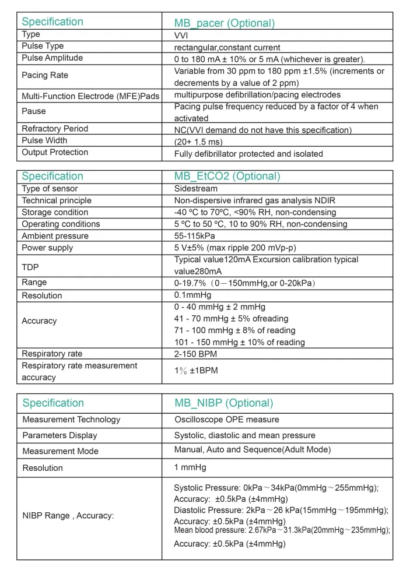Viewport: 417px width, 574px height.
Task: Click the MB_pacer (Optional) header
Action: [x=224, y=23]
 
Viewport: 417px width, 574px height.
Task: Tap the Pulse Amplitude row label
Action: [x=52, y=58]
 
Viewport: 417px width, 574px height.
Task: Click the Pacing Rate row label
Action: [x=45, y=76]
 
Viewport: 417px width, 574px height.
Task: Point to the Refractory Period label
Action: [x=55, y=129]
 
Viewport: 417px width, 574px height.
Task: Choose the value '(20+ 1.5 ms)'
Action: [x=198, y=141]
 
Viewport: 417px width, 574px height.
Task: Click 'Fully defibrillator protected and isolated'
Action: [x=248, y=154]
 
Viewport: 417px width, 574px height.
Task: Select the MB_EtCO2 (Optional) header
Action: [x=227, y=176]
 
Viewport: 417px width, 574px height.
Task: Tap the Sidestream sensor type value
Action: [x=195, y=189]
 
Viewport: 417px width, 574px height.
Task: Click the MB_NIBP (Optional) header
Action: [x=223, y=403]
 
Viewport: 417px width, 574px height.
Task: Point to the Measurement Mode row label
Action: [x=60, y=451]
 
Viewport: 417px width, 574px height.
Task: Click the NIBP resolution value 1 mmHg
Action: [x=190, y=467]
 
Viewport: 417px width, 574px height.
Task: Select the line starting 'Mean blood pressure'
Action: [x=282, y=530]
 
